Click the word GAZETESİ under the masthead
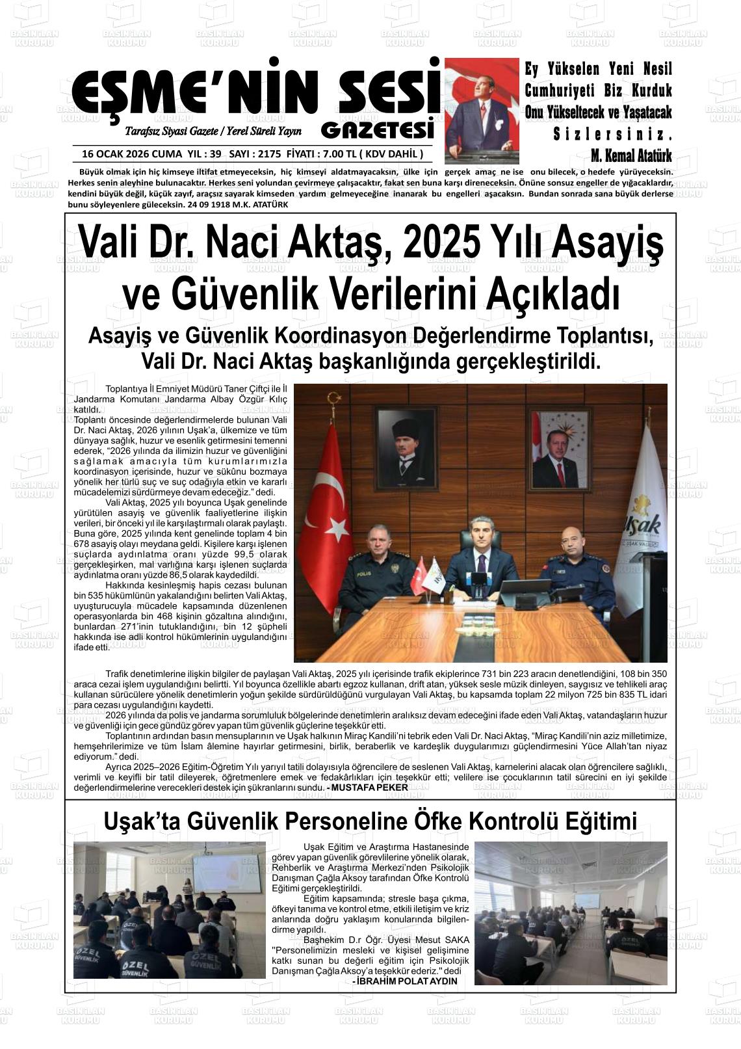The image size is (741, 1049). (x=378, y=131)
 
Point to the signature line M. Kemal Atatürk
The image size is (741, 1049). (x=630, y=155)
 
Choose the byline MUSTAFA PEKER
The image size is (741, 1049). (x=369, y=788)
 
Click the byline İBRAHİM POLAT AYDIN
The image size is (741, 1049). (x=408, y=981)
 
